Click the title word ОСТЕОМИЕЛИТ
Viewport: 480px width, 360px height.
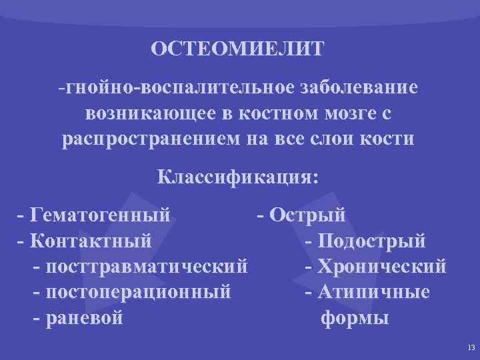click(237, 49)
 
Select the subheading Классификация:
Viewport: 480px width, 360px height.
click(238, 177)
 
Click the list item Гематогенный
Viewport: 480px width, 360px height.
click(100, 215)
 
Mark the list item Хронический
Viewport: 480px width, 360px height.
click(382, 266)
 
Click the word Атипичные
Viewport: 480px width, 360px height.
click(374, 292)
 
